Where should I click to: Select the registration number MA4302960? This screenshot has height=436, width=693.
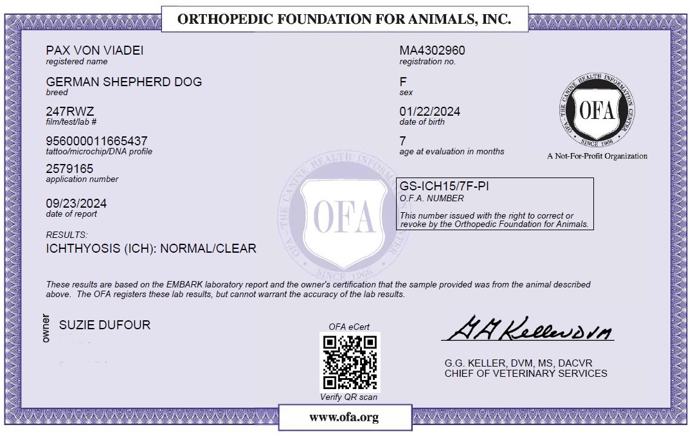click(x=432, y=51)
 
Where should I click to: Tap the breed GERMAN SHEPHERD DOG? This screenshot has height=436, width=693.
click(x=124, y=82)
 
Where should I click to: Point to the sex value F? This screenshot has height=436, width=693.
click(x=403, y=82)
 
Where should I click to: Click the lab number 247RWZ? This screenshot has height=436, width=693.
click(x=70, y=111)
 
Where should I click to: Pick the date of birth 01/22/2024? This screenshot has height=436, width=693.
click(x=429, y=111)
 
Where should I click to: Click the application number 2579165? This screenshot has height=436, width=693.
click(x=69, y=168)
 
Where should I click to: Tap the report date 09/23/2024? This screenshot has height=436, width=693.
click(x=76, y=203)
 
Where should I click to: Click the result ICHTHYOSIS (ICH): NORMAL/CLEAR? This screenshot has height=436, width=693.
click(x=151, y=248)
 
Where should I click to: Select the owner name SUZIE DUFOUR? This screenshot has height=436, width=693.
click(x=105, y=325)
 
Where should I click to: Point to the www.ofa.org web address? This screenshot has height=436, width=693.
click(x=344, y=417)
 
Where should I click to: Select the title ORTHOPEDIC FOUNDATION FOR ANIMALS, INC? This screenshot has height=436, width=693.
click(x=344, y=19)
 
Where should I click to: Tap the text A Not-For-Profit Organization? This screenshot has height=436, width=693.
click(x=597, y=156)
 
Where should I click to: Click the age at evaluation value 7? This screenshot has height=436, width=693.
click(x=403, y=141)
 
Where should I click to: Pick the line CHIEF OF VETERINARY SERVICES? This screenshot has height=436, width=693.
click(x=525, y=373)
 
